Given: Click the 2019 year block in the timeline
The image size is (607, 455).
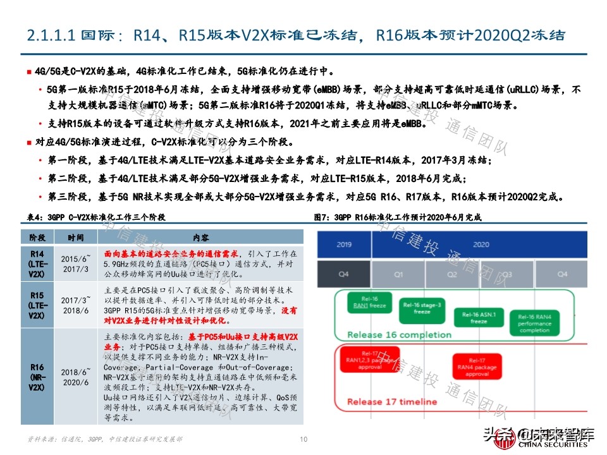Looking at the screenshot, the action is click(345, 244).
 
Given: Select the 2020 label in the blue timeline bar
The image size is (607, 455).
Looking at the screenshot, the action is click(481, 244).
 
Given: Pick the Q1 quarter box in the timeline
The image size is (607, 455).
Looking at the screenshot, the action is click(398, 274).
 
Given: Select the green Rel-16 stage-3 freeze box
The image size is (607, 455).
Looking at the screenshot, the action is click(422, 309).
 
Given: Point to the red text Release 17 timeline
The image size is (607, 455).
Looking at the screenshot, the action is click(392, 402).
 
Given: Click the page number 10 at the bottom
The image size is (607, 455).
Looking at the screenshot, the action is click(303, 440).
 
